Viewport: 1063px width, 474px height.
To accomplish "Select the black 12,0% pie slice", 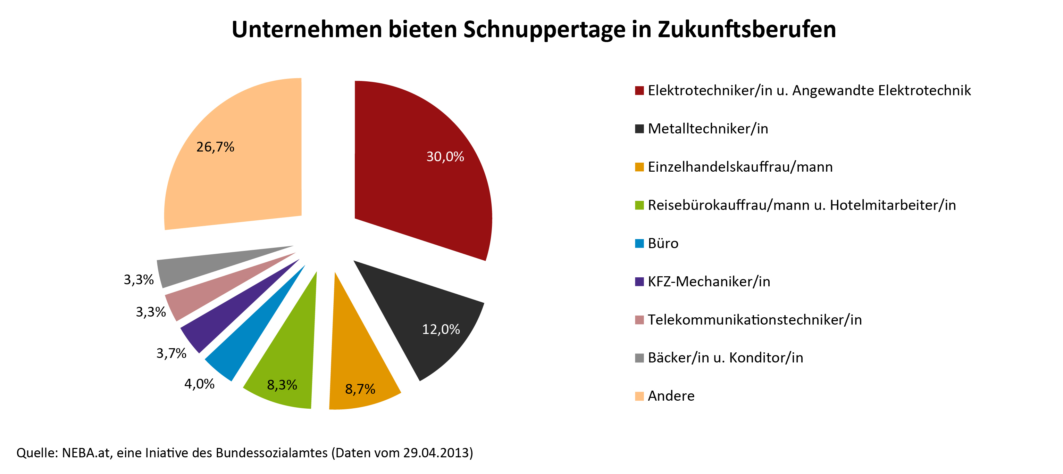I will coord(425,318).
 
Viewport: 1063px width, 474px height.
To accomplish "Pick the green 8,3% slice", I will coord(289,363).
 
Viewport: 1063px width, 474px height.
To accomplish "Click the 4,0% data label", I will coord(199,384).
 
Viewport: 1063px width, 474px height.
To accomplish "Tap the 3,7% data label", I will coord(171,353).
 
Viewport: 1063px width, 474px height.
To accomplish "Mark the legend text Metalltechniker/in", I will coord(708,129).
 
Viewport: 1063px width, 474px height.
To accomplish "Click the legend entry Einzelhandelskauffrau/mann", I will coord(740,167).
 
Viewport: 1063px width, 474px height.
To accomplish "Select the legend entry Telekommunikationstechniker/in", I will coord(754,320).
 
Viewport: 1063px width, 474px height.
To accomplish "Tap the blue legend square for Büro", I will coord(639,244).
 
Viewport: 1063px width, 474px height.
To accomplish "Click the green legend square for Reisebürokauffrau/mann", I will coord(639,205).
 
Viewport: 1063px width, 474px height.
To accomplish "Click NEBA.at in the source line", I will coord(86,453).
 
